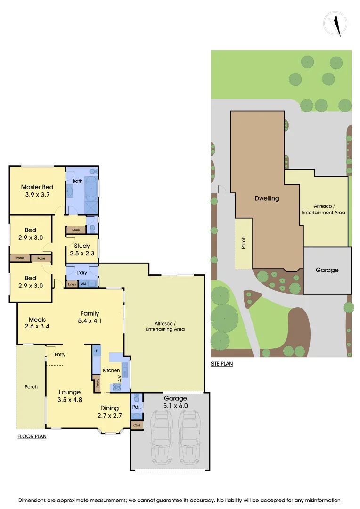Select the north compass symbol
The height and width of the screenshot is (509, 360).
point(335,24)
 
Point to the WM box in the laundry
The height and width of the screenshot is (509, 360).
point(83,284)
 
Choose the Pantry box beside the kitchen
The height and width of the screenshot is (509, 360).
point(98,383)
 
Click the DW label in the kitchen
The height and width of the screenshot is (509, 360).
point(120,378)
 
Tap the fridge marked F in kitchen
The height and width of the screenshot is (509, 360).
point(96,351)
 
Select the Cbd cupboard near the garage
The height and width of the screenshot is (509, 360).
point(137,425)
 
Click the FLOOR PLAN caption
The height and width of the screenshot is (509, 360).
point(32,436)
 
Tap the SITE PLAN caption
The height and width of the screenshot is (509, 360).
point(222,364)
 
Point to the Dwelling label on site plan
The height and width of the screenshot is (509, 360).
point(267,198)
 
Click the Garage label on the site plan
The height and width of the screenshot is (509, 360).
point(327,270)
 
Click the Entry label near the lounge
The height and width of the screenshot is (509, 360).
point(60,355)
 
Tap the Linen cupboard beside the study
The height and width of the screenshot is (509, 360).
point(76,230)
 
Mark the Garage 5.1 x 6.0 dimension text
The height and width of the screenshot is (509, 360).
point(175,402)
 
